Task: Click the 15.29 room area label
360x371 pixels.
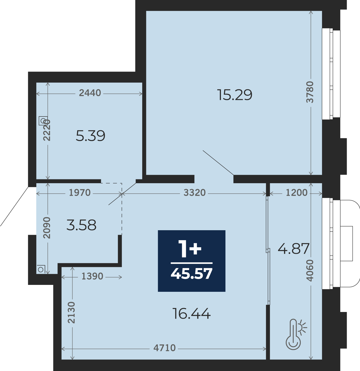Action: (235, 95)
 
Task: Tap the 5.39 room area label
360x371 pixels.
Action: (90, 136)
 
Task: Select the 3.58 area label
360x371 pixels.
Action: (81, 225)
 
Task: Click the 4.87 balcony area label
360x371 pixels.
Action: (294, 249)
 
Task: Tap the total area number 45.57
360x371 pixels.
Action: (191, 273)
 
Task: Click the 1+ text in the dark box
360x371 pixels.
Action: (190, 249)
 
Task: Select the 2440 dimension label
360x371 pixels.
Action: (90, 93)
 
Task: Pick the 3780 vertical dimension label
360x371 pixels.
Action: (310, 92)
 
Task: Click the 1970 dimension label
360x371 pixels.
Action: (80, 193)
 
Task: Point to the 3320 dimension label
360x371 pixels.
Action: (195, 193)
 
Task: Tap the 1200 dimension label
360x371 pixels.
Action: (297, 193)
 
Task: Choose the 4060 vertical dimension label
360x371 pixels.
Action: (310, 271)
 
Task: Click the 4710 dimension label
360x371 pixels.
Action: (165, 348)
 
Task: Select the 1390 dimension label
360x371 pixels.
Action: (92, 276)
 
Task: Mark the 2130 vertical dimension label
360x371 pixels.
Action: (72, 312)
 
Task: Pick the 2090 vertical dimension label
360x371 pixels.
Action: (47, 228)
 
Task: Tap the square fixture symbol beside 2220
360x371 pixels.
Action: (43, 121)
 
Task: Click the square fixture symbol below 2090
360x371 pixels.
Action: (41, 269)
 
